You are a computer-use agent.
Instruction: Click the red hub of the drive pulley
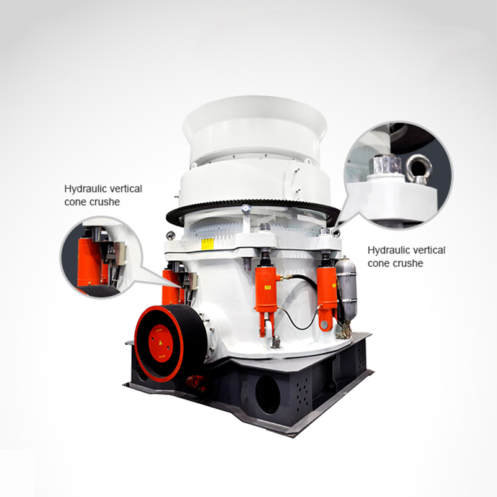(161, 344)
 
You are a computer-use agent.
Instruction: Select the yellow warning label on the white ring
(207, 244)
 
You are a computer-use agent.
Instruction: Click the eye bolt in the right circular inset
(419, 168)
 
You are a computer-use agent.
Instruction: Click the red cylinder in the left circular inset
(89, 262)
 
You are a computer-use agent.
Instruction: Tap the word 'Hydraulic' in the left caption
(83, 189)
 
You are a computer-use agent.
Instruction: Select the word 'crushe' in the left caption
(106, 202)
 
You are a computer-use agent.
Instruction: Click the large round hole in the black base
(268, 395)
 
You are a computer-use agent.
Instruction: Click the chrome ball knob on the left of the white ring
(170, 235)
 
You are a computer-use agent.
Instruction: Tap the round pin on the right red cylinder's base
(324, 324)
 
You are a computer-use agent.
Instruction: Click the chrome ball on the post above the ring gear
(246, 209)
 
